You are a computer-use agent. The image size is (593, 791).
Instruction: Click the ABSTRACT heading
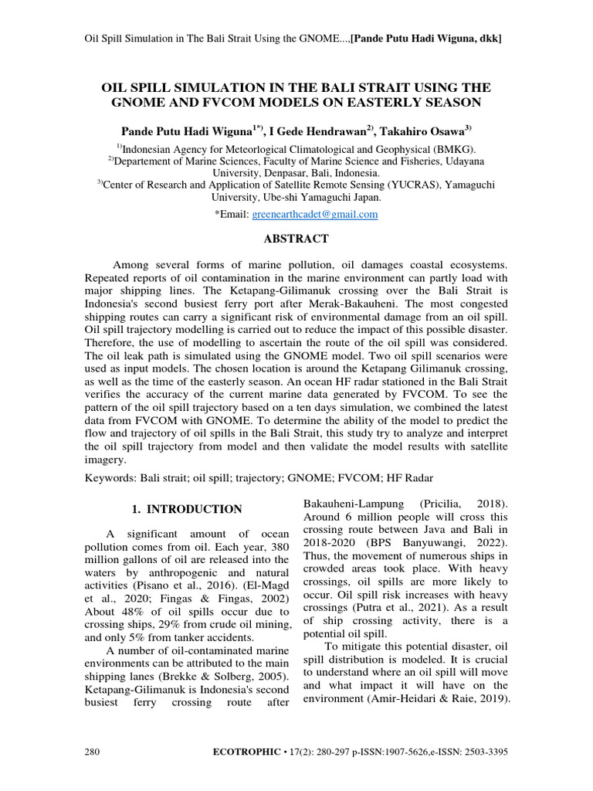click(x=296, y=239)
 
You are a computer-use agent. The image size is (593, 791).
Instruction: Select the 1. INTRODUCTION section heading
click(x=184, y=509)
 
